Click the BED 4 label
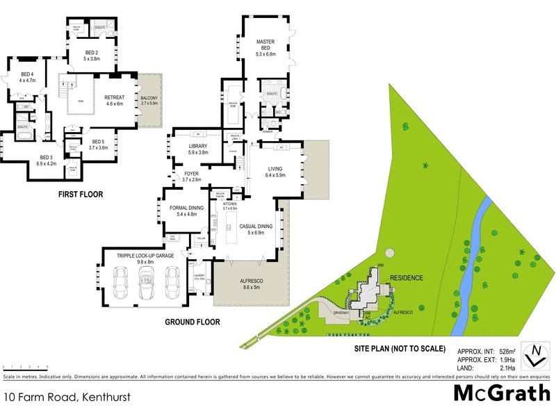click(28, 77)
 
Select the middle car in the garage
click(146, 286)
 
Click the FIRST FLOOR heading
click(81, 195)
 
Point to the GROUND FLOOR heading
click(193, 322)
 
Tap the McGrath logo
click(502, 393)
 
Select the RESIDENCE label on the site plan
click(406, 277)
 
